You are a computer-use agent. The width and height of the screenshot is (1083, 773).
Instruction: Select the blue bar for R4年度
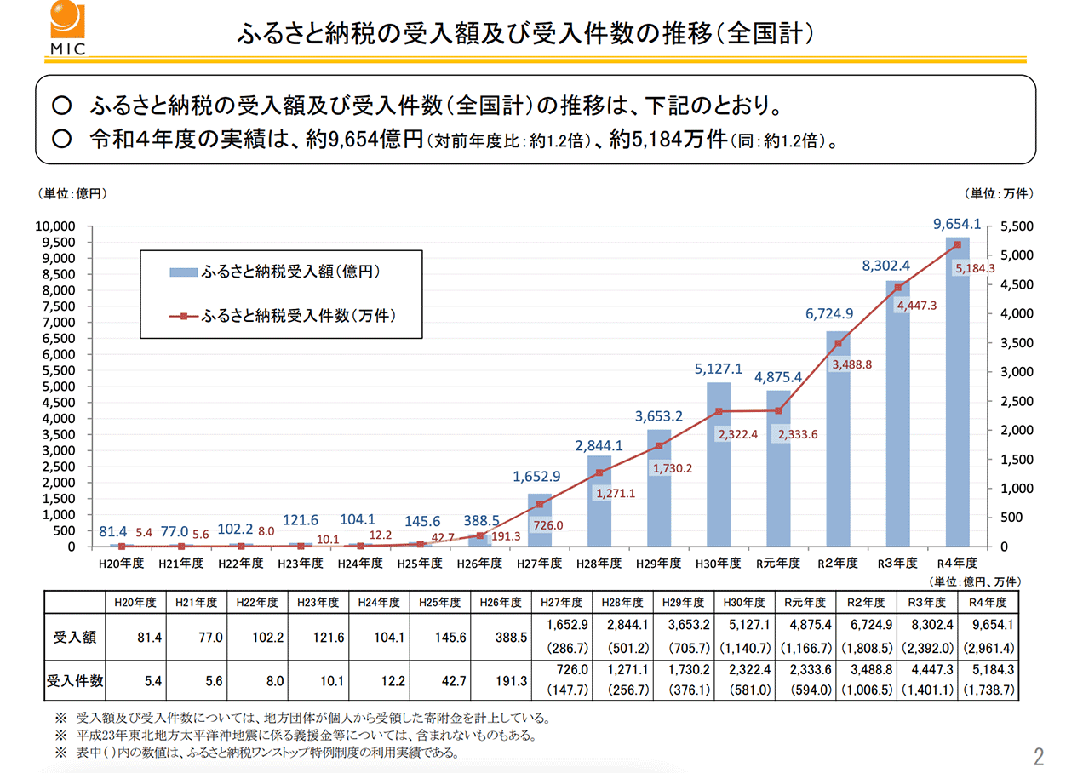[957, 392]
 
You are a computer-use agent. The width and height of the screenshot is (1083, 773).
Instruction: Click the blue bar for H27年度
[539, 519]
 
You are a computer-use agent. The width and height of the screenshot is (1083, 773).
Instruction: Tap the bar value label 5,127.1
[718, 369]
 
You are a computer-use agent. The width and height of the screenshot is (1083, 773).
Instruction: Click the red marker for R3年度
[897, 288]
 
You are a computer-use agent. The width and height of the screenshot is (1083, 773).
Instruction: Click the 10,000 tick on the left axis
[55, 226]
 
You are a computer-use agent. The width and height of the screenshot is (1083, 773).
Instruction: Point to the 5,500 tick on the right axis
[1015, 226]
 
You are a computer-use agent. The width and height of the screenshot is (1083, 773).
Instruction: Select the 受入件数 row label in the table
[75, 681]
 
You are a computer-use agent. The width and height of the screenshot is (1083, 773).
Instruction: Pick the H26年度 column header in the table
[501, 601]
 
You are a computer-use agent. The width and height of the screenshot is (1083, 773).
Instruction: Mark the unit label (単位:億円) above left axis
[72, 194]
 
